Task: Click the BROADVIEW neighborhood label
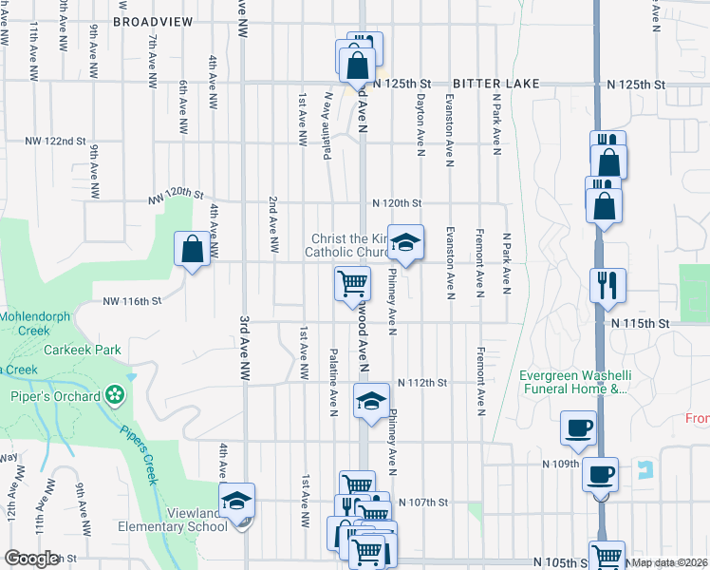click(152, 21)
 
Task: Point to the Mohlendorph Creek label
click(36, 323)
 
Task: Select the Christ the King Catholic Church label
click(347, 245)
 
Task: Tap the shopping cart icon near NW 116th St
click(352, 281)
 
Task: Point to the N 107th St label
click(421, 502)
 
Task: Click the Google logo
click(31, 559)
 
